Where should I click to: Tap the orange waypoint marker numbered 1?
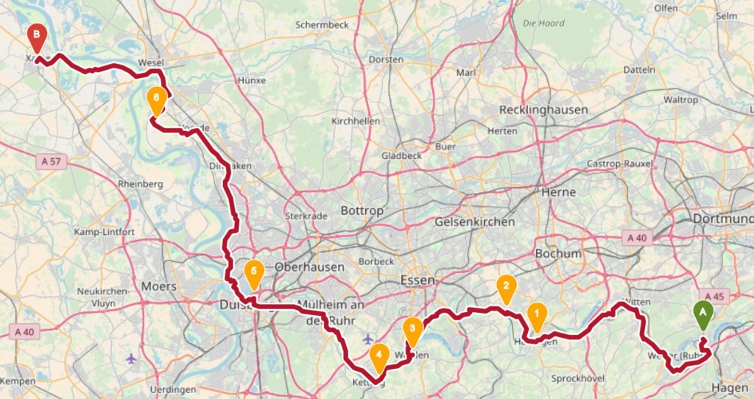tap(537, 317)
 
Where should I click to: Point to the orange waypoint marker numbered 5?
tap(253, 275)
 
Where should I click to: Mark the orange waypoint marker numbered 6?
tap(156, 101)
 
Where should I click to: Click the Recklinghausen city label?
tap(543, 110)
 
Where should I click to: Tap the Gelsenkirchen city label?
tap(479, 222)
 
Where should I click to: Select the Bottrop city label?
tap(362, 211)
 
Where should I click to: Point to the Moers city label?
tap(159, 286)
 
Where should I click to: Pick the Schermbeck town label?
tap(321, 24)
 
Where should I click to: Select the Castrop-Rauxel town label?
tap(620, 163)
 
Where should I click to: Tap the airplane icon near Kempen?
tap(131, 358)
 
